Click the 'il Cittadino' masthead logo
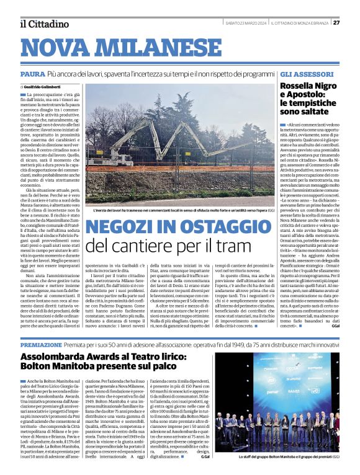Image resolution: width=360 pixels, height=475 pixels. [44, 24]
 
